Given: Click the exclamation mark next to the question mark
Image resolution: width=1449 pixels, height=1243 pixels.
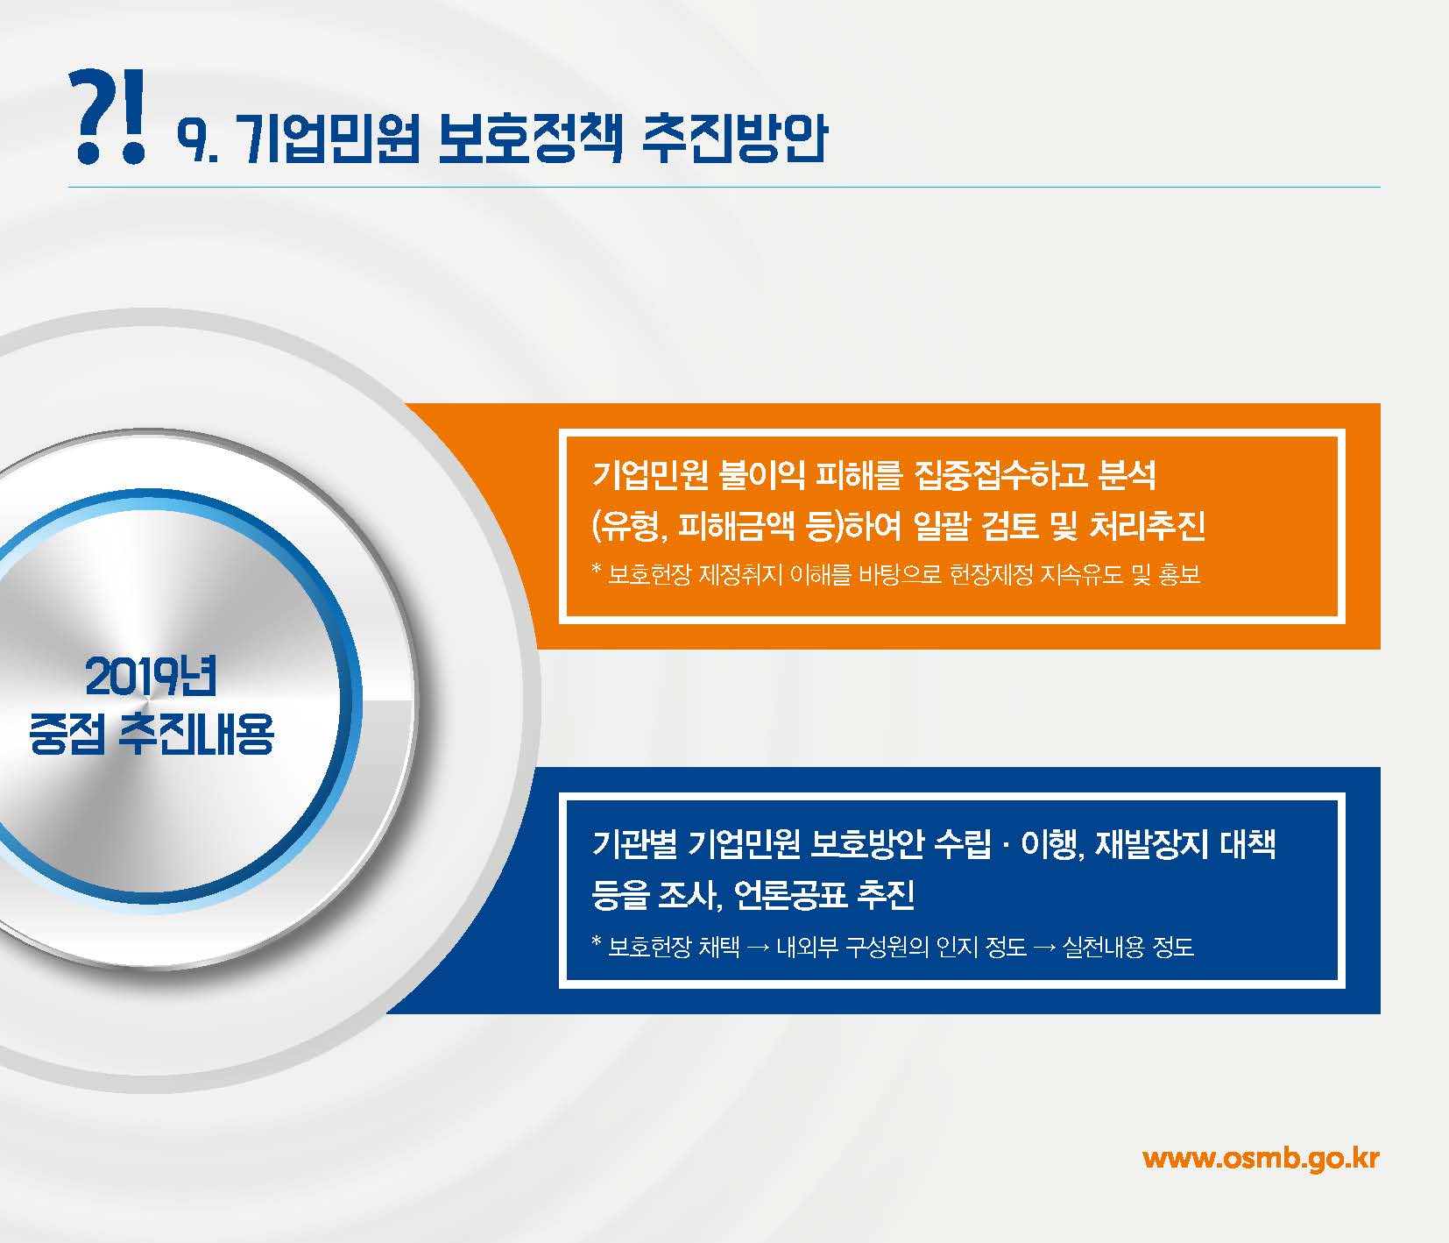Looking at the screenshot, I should pyautogui.click(x=132, y=130).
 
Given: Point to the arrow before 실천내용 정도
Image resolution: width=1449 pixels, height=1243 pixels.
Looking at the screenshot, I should pyautogui.click(x=1044, y=948).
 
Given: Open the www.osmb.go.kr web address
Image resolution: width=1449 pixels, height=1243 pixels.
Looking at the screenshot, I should pyautogui.click(x=1261, y=1158).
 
